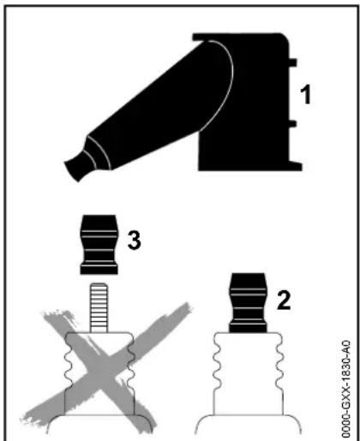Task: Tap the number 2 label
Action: click(284, 301)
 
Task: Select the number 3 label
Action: click(134, 241)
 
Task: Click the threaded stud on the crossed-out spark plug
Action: click(99, 307)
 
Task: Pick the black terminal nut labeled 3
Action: click(99, 245)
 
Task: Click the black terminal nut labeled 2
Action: click(248, 303)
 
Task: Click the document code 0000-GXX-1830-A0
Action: click(346, 389)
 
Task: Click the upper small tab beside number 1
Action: click(292, 63)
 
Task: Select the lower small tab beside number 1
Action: click(292, 123)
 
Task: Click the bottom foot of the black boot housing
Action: click(294, 166)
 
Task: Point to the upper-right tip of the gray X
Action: click(187, 306)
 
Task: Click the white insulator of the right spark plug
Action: click(248, 374)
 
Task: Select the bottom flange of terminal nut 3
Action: click(99, 270)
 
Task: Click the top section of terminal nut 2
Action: click(248, 281)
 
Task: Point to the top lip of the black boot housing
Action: click(240, 37)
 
